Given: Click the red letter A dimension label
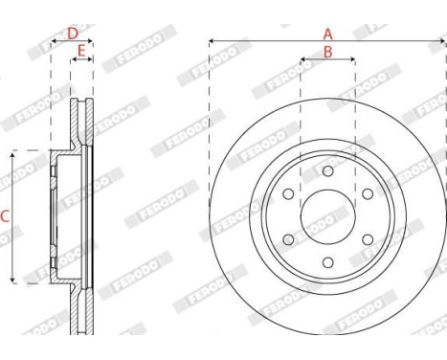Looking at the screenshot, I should coord(327,34).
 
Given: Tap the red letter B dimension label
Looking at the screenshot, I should coord(327,53).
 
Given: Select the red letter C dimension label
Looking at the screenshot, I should coord(5,216).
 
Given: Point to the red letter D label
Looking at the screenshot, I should coord(72,34).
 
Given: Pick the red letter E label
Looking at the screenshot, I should coord(81,50).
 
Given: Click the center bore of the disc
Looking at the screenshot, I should coord(327,216).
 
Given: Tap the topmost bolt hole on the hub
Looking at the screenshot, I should coord(327,170).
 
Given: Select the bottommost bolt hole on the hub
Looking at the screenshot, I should coord(327,262).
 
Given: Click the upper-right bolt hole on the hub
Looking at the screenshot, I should coord(368,193).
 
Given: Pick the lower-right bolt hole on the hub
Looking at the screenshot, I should coord(368,239).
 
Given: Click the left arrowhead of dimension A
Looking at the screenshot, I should coord(212,41).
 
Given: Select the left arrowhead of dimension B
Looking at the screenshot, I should coord(303,59).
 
